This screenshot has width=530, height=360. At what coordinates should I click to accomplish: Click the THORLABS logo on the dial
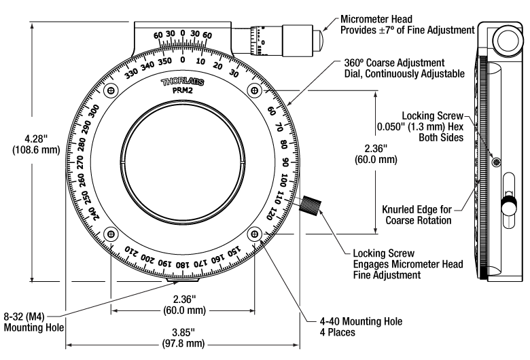coord(183,82)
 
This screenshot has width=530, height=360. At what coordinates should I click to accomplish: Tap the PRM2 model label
coord(183,91)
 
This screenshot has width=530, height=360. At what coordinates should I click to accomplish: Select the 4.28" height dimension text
coord(36,139)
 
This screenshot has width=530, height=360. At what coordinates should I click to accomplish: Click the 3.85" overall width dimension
coord(183,332)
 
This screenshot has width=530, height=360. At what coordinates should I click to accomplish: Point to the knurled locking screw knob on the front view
coord(310,205)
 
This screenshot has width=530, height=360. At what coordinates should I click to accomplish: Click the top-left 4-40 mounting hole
coord(111,90)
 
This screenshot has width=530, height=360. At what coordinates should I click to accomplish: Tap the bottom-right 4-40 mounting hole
coord(254,234)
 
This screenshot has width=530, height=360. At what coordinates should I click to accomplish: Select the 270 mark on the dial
coord(80,162)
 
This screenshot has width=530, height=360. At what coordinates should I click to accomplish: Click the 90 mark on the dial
coord(285,162)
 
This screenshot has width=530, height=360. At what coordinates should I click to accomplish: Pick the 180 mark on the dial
coord(183,265)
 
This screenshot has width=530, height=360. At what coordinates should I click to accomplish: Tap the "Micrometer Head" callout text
coord(376,19)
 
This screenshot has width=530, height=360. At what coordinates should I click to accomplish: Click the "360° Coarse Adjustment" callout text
coord(394,63)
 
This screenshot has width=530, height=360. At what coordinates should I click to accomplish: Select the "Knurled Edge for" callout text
coord(417,210)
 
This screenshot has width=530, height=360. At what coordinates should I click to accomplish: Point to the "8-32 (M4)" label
coord(24,317)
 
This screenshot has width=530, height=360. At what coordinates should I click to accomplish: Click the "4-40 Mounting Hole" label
coord(361,321)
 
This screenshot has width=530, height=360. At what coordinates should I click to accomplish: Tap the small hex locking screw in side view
coord(496,163)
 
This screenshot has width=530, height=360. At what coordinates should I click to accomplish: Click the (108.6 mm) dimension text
coord(36,149)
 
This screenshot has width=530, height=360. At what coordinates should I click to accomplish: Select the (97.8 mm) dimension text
coord(183,344)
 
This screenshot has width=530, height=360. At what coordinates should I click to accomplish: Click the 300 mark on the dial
coord(95,111)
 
